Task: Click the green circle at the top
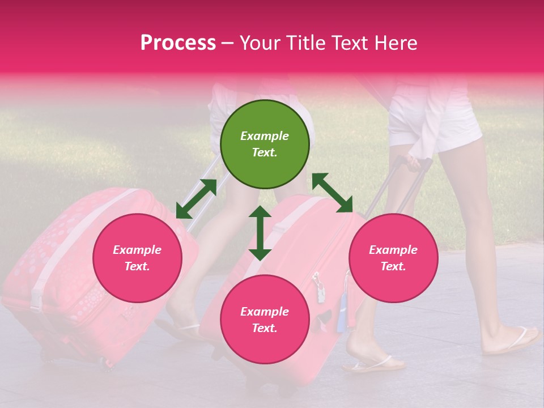click(265, 144)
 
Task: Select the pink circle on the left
click(137, 258)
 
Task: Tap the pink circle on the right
click(393, 258)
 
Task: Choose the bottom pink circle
click(265, 320)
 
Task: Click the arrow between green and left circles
click(196, 199)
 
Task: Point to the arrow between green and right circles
click(332, 193)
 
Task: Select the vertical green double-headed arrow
click(260, 233)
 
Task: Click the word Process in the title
click(178, 43)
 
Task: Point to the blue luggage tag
click(342, 317)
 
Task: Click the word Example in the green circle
click(265, 136)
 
